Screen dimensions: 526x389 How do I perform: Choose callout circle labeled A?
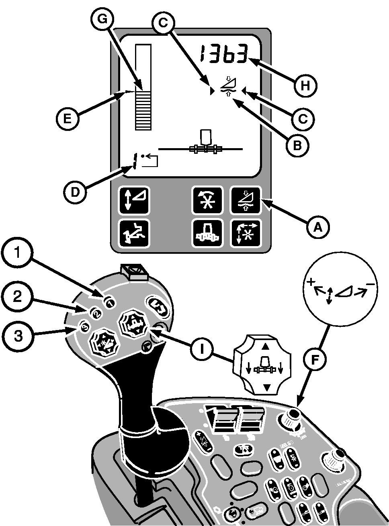click(318, 227)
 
